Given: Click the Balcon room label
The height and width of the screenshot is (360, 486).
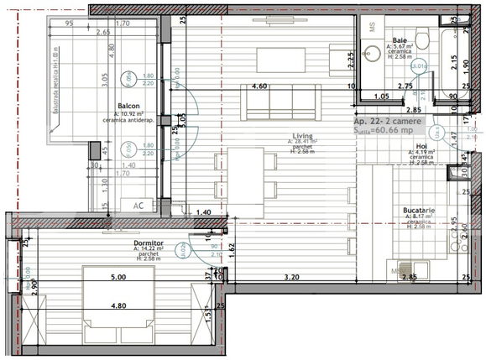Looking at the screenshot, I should pyautogui.click(x=129, y=107).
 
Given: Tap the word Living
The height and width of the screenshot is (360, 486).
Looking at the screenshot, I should pyautogui.click(x=303, y=135).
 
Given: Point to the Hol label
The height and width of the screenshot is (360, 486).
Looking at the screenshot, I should pyautogui.click(x=421, y=146).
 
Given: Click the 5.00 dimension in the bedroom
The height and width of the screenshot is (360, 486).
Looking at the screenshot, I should pyautogui.click(x=117, y=277).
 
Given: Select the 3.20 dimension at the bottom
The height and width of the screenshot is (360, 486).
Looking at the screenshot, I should pyautogui.click(x=291, y=277).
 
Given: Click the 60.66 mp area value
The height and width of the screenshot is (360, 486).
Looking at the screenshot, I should pyautogui.click(x=400, y=132).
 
